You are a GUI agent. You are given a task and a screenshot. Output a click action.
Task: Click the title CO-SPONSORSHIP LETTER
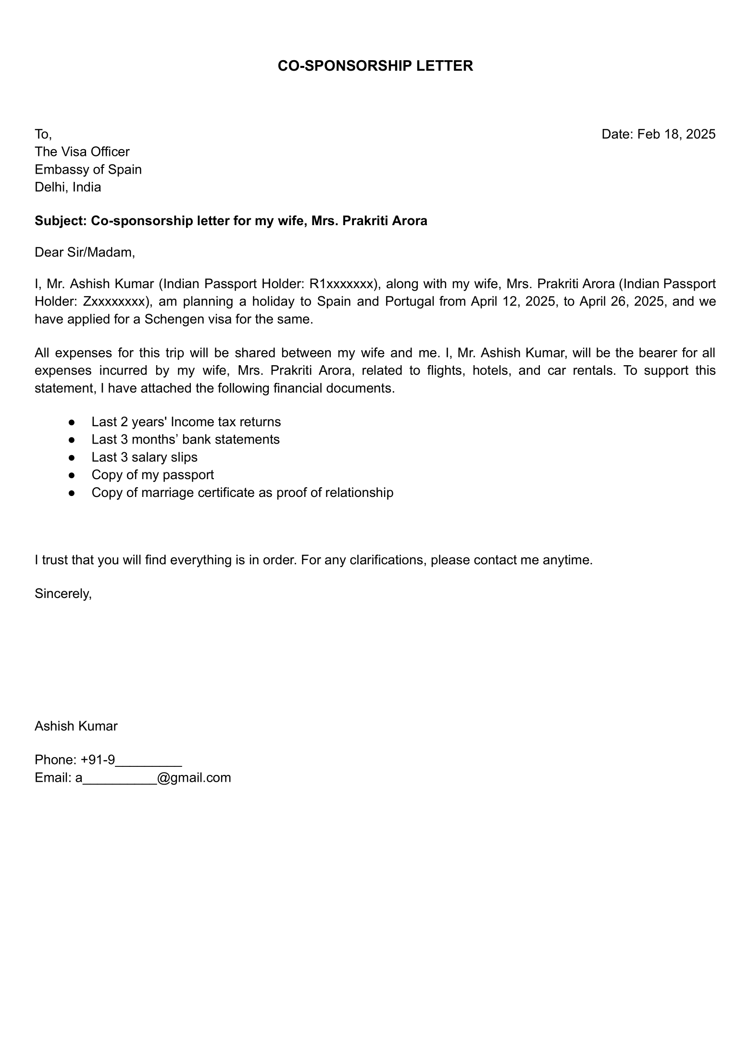click(375, 66)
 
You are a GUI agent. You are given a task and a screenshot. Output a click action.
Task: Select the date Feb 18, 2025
click(676, 134)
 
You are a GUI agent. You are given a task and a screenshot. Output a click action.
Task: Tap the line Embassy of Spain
click(88, 169)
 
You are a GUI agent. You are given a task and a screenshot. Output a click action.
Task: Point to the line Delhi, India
click(68, 187)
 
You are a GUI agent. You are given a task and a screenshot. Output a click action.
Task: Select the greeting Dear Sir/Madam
click(85, 252)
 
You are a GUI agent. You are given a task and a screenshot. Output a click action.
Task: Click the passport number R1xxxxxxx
click(342, 284)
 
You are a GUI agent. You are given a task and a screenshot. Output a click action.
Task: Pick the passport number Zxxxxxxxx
click(114, 302)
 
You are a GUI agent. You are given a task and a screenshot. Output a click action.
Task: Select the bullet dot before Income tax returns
click(72, 422)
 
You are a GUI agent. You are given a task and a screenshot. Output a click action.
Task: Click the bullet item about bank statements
click(186, 440)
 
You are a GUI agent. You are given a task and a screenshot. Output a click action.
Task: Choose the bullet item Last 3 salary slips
click(144, 457)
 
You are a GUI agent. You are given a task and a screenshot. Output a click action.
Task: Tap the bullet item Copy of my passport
click(152, 475)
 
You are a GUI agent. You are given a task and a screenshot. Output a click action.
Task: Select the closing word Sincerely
click(62, 594)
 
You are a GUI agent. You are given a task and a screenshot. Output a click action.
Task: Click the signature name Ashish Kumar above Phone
click(76, 726)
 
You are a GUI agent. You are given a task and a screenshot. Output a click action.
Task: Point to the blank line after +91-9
click(149, 760)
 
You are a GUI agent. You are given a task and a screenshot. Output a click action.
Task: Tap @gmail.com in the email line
click(194, 777)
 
